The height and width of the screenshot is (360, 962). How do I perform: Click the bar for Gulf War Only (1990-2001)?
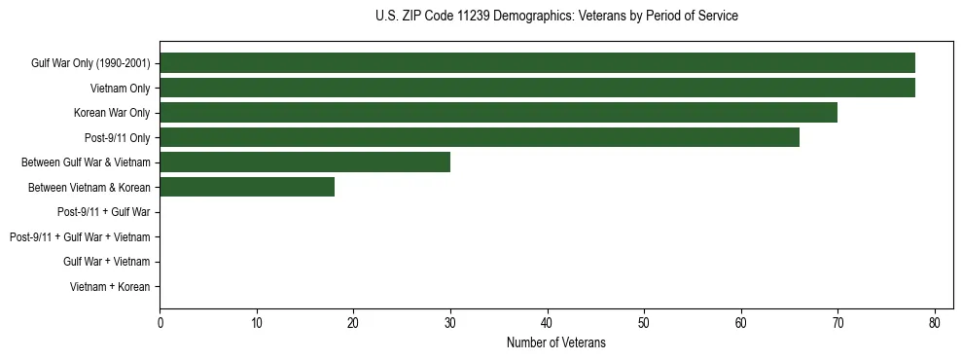click(x=537, y=63)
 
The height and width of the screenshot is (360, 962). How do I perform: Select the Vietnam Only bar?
click(x=537, y=89)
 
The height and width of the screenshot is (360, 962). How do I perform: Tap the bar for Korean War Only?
click(x=498, y=113)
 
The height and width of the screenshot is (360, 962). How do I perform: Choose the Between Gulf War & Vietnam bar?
click(x=304, y=162)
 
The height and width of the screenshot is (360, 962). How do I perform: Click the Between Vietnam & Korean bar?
click(x=247, y=187)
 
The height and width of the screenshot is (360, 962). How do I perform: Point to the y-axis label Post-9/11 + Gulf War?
click(x=103, y=212)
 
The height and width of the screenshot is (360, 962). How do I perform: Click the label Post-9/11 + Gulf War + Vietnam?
click(x=80, y=237)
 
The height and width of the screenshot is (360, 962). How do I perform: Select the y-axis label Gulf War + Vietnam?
click(x=106, y=262)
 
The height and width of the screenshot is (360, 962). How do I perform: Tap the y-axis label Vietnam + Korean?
click(x=110, y=287)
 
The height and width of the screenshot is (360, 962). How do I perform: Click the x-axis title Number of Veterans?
click(x=555, y=342)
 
